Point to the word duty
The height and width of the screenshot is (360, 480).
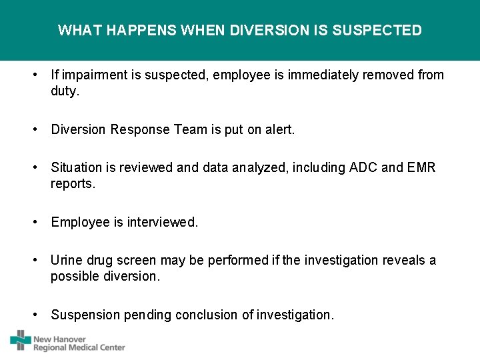tap(65, 91)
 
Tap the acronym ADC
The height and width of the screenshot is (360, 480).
tap(363, 167)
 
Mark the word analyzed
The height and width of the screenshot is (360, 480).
tap(257, 167)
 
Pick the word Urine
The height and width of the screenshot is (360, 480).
tap(66, 260)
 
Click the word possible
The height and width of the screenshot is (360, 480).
tap(73, 276)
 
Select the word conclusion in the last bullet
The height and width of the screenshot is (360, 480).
tap(207, 315)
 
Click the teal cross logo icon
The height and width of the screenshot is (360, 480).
tap(20, 341)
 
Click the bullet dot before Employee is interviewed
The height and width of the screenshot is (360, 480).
tap(34, 222)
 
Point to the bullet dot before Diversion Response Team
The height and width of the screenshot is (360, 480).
tap(34, 129)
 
